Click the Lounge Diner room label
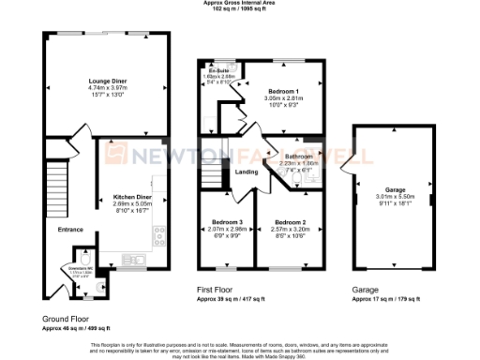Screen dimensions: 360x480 coord(108,81)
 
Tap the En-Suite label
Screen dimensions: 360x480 coord(217,70)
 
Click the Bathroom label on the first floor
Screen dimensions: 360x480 coord(298,156)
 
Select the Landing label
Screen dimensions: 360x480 coord(247,172)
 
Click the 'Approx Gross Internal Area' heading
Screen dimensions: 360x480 coord(240,4)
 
